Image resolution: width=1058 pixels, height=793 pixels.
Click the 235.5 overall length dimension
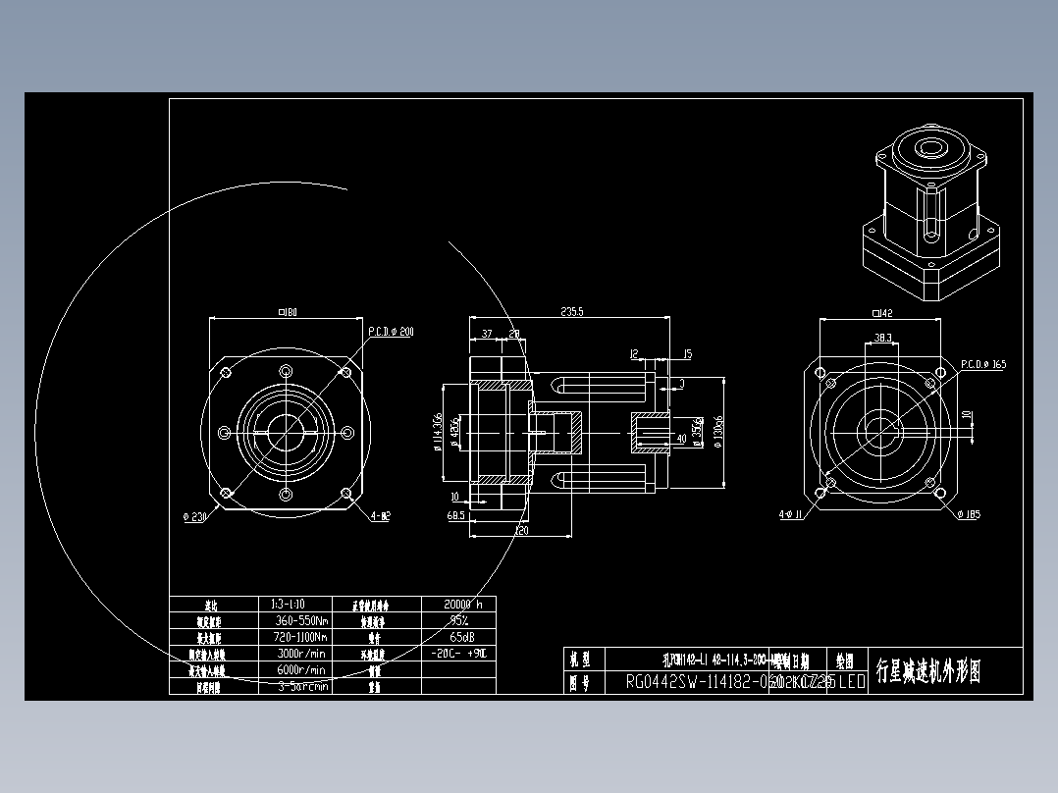(x=571, y=312)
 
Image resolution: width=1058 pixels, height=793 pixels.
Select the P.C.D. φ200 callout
(x=391, y=333)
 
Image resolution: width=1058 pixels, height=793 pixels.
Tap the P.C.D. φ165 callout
(x=982, y=364)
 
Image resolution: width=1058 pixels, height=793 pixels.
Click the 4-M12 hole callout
(x=380, y=515)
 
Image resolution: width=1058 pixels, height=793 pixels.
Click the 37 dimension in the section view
(x=487, y=335)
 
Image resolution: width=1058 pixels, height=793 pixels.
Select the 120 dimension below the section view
(x=522, y=531)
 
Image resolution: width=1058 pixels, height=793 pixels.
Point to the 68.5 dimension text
(x=455, y=515)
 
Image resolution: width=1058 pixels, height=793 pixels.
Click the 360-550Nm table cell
(x=299, y=620)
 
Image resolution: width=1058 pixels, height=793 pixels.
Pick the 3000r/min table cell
(x=301, y=653)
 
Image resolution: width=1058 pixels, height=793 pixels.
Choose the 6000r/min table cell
(x=301, y=669)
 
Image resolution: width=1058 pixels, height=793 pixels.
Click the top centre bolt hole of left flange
(x=286, y=371)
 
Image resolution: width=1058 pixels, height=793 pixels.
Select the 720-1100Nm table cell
(x=299, y=637)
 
